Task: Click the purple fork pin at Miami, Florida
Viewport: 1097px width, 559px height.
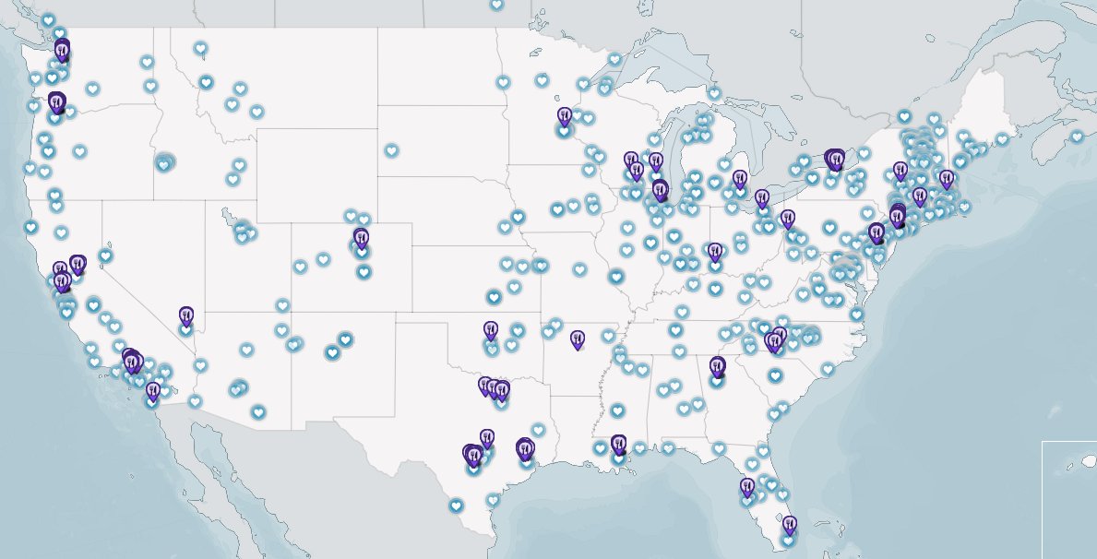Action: click(x=789, y=525)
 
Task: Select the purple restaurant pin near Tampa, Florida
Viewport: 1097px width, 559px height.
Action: click(x=747, y=486)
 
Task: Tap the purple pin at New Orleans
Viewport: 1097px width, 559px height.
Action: click(x=618, y=445)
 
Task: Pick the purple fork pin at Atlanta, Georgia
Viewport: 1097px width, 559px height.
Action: click(x=718, y=366)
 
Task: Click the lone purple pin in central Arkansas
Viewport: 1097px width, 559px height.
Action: click(x=578, y=339)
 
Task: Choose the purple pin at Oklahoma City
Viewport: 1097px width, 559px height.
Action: click(x=491, y=329)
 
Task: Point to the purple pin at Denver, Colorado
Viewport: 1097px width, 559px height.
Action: click(x=361, y=238)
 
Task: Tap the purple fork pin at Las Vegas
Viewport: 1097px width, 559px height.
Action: click(x=186, y=316)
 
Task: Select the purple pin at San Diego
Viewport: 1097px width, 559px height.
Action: click(x=153, y=391)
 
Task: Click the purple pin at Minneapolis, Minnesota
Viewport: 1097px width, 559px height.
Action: click(x=565, y=116)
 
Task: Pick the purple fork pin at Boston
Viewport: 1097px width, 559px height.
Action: click(x=946, y=178)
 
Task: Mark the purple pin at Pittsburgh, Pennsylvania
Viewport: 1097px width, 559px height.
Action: click(x=787, y=219)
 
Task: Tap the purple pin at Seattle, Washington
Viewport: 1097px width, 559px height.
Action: click(x=62, y=51)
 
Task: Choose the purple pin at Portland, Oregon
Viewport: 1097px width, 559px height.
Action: click(x=56, y=101)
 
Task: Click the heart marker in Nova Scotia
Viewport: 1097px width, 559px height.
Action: click(x=1077, y=137)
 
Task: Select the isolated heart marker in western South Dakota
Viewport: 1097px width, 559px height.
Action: click(x=391, y=149)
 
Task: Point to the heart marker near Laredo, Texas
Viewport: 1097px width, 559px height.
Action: click(x=456, y=505)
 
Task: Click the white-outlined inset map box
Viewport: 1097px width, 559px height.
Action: click(x=1069, y=498)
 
